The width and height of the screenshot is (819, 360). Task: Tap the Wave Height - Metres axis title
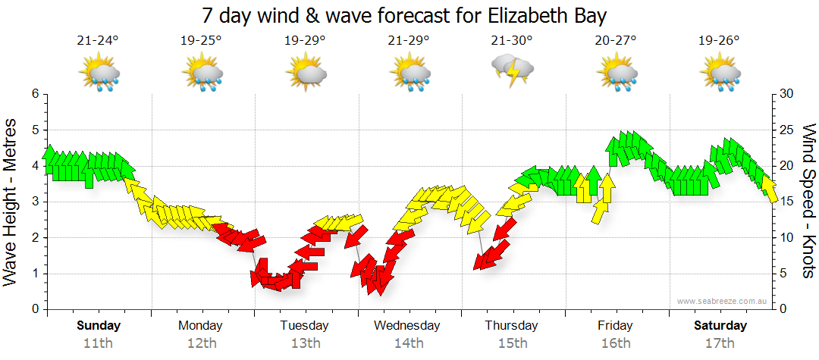pyautogui.click(x=11, y=201)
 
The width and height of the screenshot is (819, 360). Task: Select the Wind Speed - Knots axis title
pyautogui.click(x=808, y=201)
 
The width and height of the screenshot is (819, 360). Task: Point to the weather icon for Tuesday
pyautogui.click(x=306, y=73)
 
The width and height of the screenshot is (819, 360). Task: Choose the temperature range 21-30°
pyautogui.click(x=512, y=41)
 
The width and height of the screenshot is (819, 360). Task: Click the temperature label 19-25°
pyautogui.click(x=201, y=41)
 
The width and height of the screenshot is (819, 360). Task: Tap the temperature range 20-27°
pyautogui.click(x=615, y=41)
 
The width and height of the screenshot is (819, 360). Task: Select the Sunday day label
pyautogui.click(x=98, y=326)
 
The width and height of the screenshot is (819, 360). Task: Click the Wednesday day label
pyautogui.click(x=407, y=326)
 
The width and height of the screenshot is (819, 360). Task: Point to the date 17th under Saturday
pyautogui.click(x=720, y=343)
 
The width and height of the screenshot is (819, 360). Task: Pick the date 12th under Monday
pyautogui.click(x=201, y=343)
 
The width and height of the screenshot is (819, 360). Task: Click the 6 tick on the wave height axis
pyautogui.click(x=34, y=94)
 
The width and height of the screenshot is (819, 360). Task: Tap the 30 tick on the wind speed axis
pyautogui.click(x=786, y=94)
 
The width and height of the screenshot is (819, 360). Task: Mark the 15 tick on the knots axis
pyautogui.click(x=786, y=202)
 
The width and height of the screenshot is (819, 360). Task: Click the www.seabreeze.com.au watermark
pyautogui.click(x=723, y=301)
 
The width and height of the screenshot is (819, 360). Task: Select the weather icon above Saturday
pyautogui.click(x=720, y=73)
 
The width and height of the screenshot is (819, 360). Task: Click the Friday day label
pyautogui.click(x=615, y=326)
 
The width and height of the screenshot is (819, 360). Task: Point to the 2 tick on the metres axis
pyautogui.click(x=34, y=238)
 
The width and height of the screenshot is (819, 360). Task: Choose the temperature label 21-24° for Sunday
pyautogui.click(x=98, y=41)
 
